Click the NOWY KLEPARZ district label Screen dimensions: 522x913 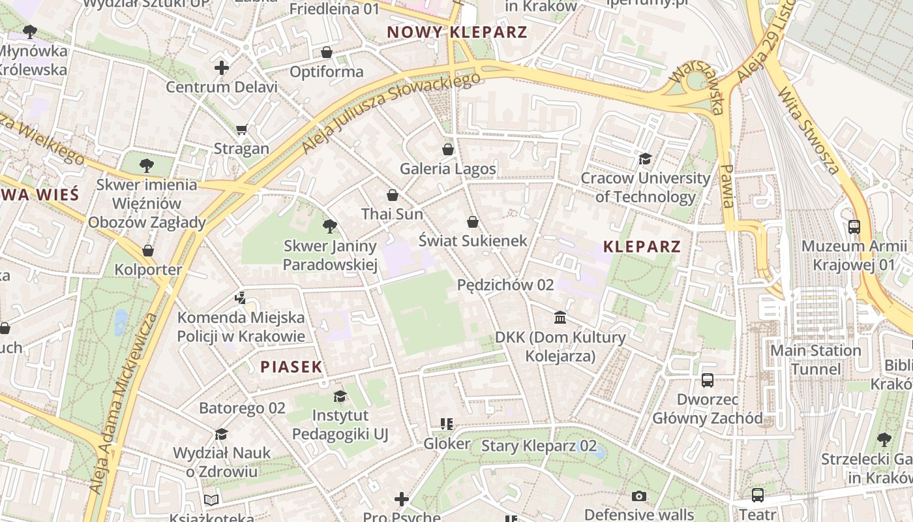tap(456, 32)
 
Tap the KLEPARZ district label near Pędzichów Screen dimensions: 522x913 tap(642, 247)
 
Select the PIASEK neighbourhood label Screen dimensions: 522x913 tap(292, 367)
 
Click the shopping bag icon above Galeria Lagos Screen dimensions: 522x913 tap(448, 149)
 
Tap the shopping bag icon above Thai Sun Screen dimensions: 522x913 tap(393, 195)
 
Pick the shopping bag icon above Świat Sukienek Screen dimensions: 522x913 tap(473, 222)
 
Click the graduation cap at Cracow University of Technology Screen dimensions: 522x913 tap(645, 159)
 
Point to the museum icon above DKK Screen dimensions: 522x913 tap(560, 318)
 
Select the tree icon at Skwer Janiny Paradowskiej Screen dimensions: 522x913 tap(330, 226)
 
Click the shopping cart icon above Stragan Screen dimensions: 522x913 tap(242, 130)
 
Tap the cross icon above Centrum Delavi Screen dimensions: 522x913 tap(222, 68)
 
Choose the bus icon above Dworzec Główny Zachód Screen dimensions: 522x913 tap(708, 380)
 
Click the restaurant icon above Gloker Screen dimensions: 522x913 tap(447, 425)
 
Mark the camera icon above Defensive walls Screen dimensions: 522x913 tap(639, 497)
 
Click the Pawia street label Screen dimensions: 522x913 tap(726, 186)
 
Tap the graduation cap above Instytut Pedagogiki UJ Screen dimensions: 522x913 tap(340, 396)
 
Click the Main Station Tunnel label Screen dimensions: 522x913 tap(816, 360)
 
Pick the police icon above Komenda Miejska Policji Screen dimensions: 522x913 tap(241, 298)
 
